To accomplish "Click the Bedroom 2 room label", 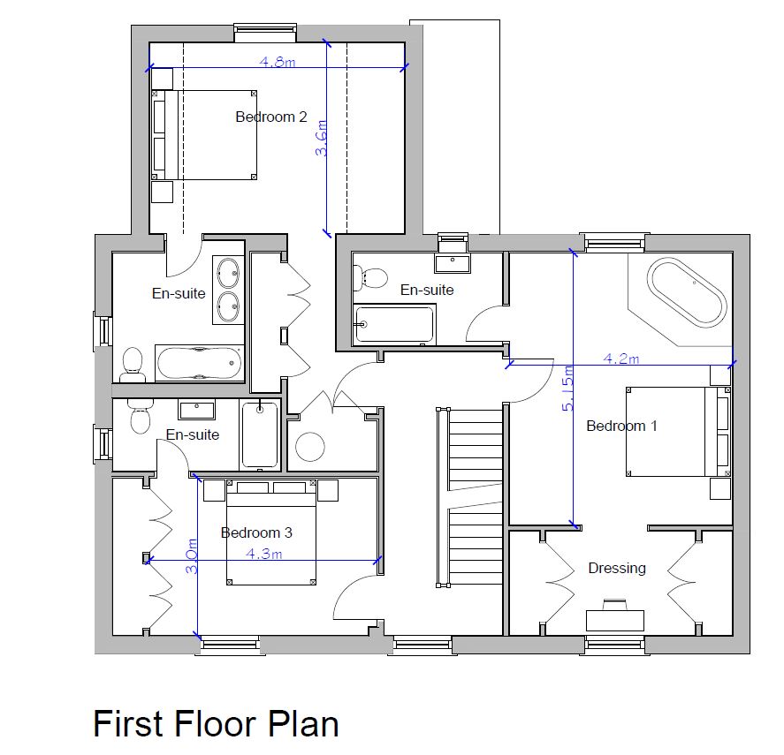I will (270, 117).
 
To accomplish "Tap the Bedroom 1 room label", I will (621, 426).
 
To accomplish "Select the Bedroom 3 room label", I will (256, 532).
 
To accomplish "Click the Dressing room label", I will (617, 568).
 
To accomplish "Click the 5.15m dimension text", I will (570, 389).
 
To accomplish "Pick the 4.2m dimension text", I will (620, 359).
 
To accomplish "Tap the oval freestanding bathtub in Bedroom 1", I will (688, 292).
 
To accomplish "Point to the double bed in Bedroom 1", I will (676, 431).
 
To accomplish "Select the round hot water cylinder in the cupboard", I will (310, 447).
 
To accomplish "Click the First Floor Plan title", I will (216, 723).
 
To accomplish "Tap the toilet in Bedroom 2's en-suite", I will (133, 363).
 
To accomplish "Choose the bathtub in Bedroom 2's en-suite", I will (199, 363).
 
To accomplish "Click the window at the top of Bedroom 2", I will (265, 34).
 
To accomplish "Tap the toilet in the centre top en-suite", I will (373, 277).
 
